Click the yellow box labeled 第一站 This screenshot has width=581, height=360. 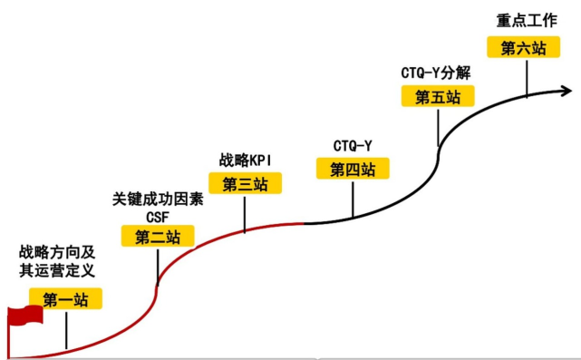pyautogui.click(x=65, y=299)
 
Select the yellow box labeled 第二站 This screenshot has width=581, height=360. pyautogui.click(x=158, y=237)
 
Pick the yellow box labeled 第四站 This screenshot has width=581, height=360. pyautogui.click(x=353, y=168)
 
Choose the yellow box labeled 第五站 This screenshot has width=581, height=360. pyautogui.click(x=437, y=97)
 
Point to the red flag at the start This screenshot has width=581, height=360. pyautogui.click(x=24, y=316)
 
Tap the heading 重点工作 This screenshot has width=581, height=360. pyautogui.click(x=522, y=19)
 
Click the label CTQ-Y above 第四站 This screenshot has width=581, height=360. pyautogui.click(x=353, y=145)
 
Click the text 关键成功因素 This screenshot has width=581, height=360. pyautogui.click(x=158, y=199)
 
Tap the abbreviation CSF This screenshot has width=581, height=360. pyautogui.click(x=158, y=217)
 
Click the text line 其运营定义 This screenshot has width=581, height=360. pyautogui.click(x=56, y=270)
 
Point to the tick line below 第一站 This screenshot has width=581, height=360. pyautogui.click(x=66, y=330)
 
